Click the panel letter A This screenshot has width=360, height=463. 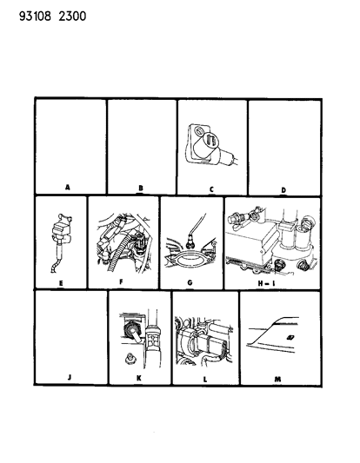click(x=68, y=187)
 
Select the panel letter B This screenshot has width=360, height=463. click(x=141, y=188)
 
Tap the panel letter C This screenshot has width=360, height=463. click(x=211, y=189)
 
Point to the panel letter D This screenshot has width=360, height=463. click(x=283, y=190)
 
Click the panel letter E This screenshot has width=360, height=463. click(x=61, y=283)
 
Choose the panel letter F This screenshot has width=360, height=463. click(x=121, y=282)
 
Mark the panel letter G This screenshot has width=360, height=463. click(x=190, y=282)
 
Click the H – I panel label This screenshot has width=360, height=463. click(x=266, y=283)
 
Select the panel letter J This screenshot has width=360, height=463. click(x=70, y=377)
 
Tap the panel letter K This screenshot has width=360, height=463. click(x=139, y=378)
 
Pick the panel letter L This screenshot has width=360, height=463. click(x=205, y=380)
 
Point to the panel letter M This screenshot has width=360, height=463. click(x=277, y=379)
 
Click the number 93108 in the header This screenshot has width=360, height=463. click(x=35, y=16)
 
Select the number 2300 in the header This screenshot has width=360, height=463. click(x=72, y=16)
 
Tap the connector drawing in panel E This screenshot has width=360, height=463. click(x=60, y=242)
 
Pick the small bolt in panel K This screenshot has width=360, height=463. click(x=130, y=359)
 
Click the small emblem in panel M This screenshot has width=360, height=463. click(x=290, y=337)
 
